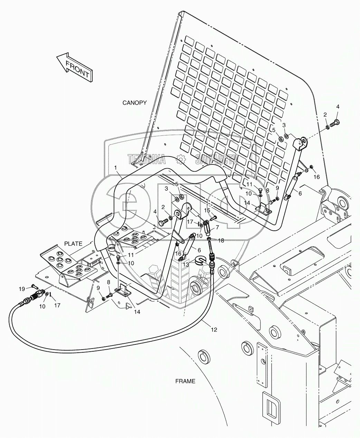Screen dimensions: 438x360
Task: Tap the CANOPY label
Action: (x=134, y=103)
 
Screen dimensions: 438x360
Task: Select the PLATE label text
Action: (x=73, y=244)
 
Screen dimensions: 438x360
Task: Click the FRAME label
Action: (x=185, y=381)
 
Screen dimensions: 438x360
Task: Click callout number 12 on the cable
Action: (x=214, y=330)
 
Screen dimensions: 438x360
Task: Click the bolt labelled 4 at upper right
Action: (x=336, y=123)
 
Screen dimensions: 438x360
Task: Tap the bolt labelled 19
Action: (x=34, y=286)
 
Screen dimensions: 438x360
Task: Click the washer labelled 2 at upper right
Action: (x=327, y=128)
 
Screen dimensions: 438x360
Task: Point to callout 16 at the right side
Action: (x=316, y=177)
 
